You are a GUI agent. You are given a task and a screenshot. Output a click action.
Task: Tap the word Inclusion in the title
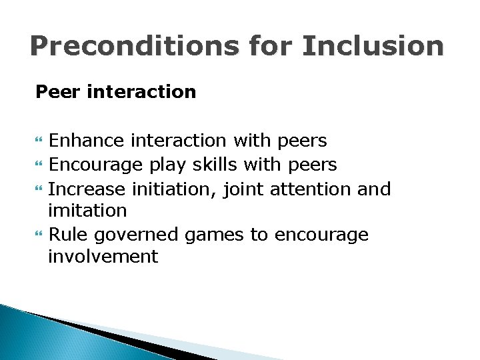click(373, 47)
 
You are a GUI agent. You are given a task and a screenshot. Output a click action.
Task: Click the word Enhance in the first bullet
click(86, 141)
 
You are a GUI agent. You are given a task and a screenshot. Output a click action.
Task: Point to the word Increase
click(87, 189)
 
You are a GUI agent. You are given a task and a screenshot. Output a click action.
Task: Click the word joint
click(244, 189)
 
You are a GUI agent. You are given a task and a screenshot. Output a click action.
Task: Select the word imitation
click(87, 211)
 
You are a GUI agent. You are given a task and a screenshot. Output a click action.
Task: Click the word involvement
click(103, 257)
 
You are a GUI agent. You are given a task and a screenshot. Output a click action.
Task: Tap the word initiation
click(174, 189)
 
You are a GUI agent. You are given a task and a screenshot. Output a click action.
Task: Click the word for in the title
click(271, 47)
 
